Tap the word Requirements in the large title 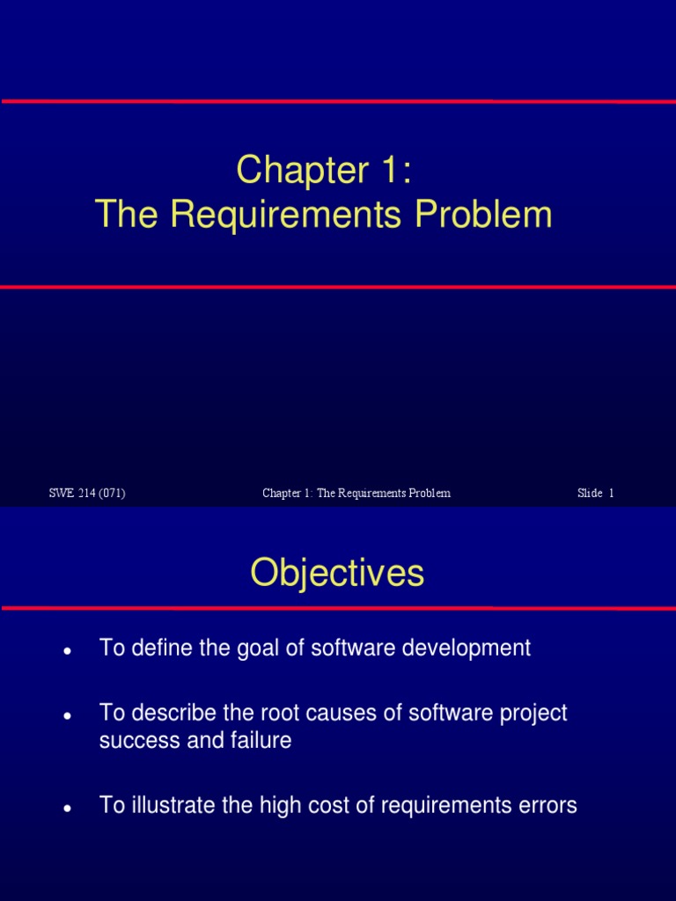(x=308, y=215)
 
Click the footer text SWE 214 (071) (x=87, y=494)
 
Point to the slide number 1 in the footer (x=611, y=494)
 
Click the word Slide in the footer (x=590, y=494)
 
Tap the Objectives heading (x=337, y=574)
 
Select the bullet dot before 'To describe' (x=67, y=716)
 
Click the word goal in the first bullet (x=252, y=648)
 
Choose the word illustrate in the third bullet (x=172, y=805)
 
